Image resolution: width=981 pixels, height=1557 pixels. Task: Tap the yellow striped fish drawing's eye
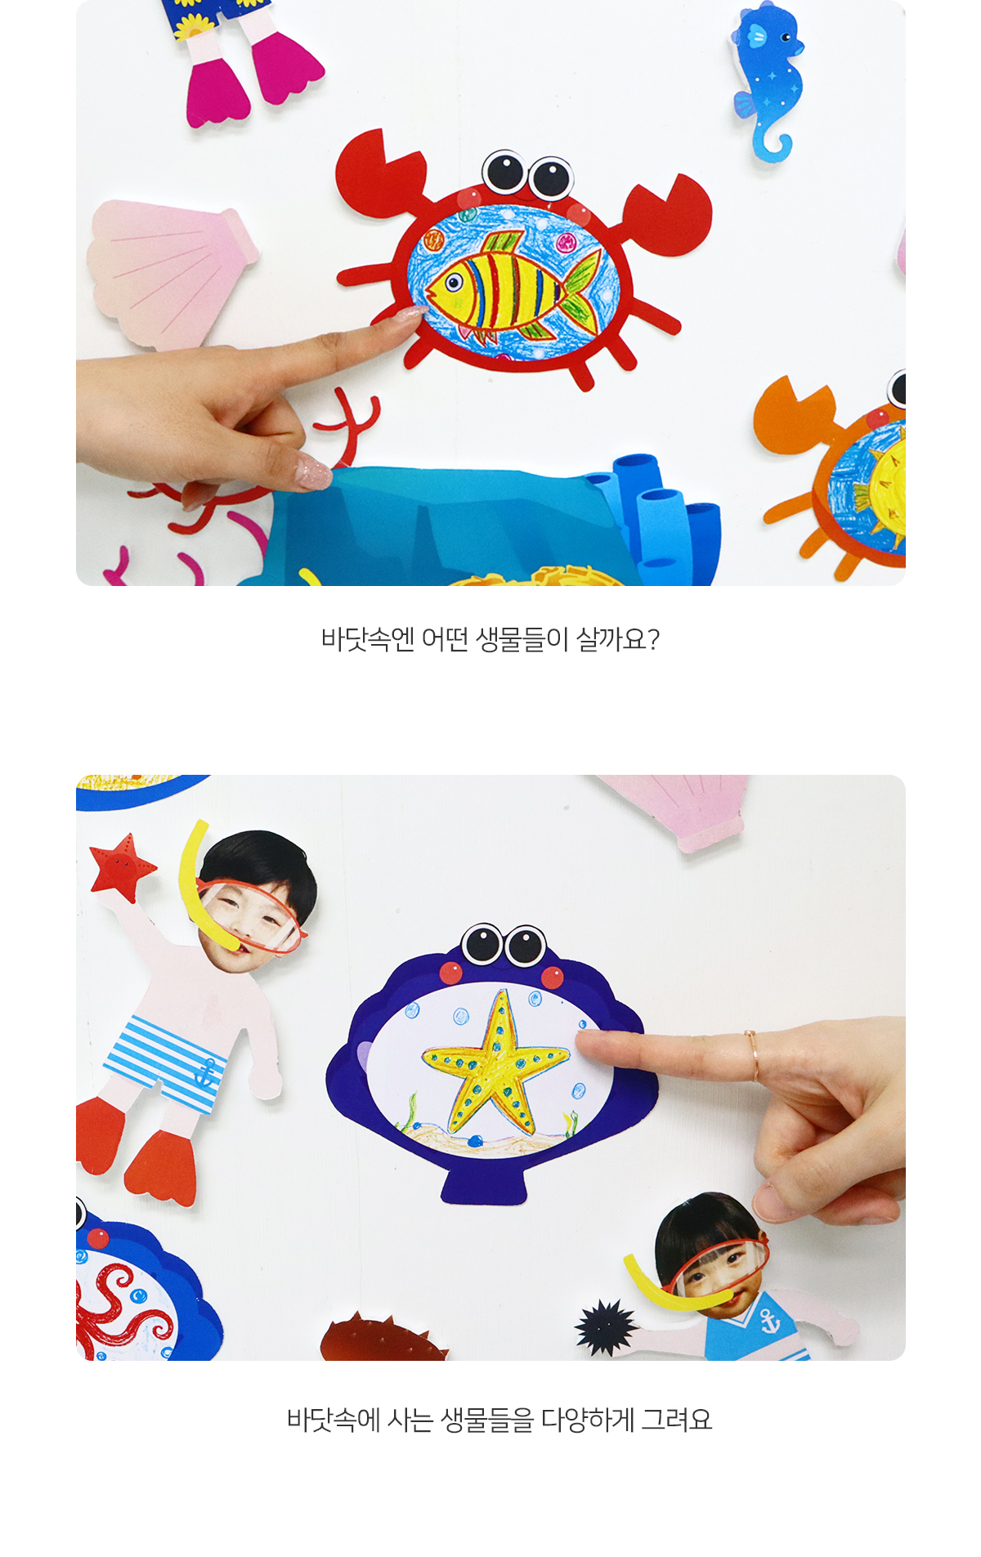(x=453, y=283)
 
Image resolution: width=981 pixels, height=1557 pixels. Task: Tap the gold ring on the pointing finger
(x=753, y=1057)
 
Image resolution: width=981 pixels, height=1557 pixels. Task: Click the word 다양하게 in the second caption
(x=588, y=1420)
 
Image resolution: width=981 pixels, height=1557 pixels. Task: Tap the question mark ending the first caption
(x=652, y=638)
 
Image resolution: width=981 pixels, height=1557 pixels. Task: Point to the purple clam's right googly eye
(x=526, y=946)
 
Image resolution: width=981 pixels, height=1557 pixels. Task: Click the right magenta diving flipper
(x=286, y=69)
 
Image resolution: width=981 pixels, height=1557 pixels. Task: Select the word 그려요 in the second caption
(x=677, y=1420)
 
